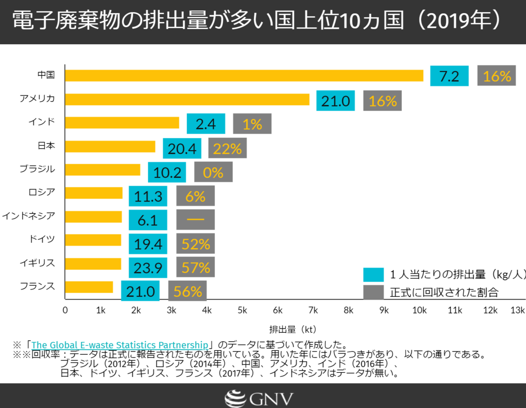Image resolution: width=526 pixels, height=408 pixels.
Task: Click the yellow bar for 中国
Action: (x=244, y=76)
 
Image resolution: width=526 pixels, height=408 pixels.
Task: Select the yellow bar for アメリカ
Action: (x=187, y=99)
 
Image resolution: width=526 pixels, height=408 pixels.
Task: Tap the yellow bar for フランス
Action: (x=89, y=287)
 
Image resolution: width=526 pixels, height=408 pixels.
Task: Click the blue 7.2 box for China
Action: (x=449, y=76)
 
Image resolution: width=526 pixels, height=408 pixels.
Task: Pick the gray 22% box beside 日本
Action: (x=227, y=148)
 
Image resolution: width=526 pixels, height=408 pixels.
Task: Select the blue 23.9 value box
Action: (x=148, y=268)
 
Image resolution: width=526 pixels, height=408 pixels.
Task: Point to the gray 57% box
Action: (x=196, y=267)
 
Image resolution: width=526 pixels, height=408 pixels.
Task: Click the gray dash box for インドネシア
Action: (x=196, y=220)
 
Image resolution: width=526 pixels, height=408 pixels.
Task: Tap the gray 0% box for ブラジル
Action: (x=213, y=172)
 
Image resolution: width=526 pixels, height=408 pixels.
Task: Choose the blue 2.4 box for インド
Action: (x=206, y=124)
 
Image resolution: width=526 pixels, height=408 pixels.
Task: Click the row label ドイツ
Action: (x=42, y=239)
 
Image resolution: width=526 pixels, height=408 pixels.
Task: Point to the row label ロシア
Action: (x=41, y=192)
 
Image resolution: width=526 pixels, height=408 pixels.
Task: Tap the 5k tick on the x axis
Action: (x=242, y=310)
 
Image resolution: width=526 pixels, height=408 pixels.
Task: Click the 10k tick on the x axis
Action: (x=419, y=310)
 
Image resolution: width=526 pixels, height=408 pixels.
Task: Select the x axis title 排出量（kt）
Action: (x=293, y=330)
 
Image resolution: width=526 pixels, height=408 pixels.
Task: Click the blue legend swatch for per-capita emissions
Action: (x=373, y=275)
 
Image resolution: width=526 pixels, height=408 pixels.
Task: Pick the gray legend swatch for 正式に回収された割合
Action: (x=373, y=292)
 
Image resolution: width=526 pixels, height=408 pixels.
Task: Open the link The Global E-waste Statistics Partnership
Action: (x=120, y=345)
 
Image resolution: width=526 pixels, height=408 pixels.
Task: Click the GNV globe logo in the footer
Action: (x=235, y=399)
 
